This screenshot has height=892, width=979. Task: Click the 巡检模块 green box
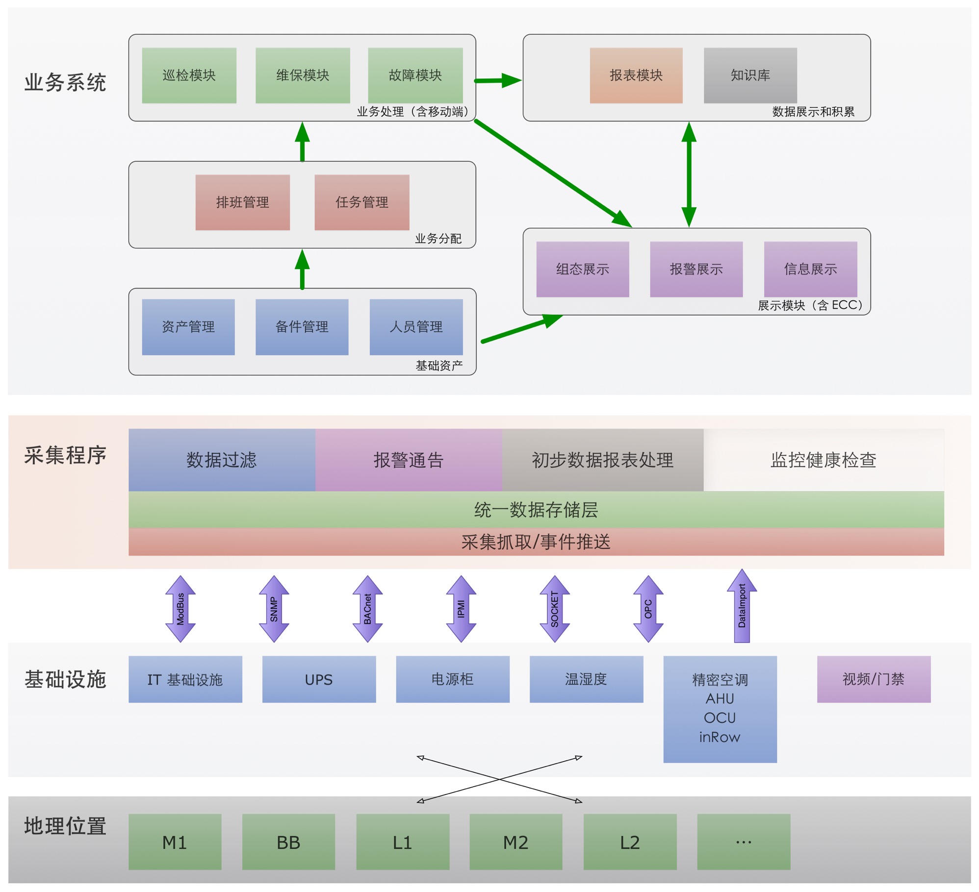click(x=189, y=75)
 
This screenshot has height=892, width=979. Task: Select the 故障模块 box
click(x=415, y=75)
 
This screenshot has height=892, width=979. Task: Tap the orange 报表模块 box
click(x=636, y=75)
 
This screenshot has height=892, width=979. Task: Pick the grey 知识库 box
click(x=750, y=75)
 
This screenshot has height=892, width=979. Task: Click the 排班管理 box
click(x=242, y=202)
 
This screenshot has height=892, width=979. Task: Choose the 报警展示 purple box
click(x=696, y=269)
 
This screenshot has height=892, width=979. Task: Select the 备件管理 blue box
click(x=302, y=326)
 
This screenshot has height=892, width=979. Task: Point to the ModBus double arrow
click(x=180, y=609)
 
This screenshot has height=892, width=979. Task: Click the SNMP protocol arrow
click(x=274, y=609)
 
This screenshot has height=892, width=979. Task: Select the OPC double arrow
click(x=648, y=609)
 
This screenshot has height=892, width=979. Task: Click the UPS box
click(x=319, y=679)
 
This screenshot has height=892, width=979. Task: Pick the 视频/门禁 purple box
click(x=873, y=679)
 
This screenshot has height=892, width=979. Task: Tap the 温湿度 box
click(x=586, y=679)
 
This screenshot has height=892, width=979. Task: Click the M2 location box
click(x=515, y=842)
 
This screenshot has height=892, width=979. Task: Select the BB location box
click(x=288, y=842)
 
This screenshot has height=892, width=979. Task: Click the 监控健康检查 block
click(x=823, y=460)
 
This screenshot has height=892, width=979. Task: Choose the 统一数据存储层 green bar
click(x=536, y=510)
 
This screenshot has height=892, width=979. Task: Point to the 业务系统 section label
click(x=65, y=82)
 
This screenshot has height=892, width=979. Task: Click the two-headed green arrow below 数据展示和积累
click(x=689, y=174)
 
